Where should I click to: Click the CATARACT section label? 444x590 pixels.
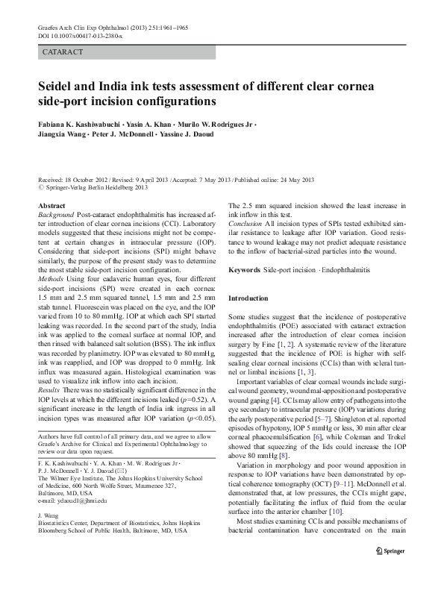pyautogui.click(x=62, y=53)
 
